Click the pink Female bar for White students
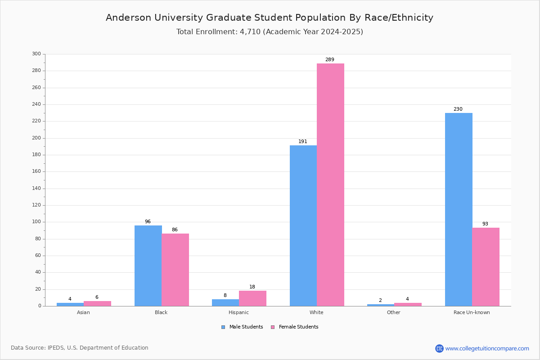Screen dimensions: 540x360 coord(330,184)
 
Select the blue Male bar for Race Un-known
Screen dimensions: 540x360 coord(459,210)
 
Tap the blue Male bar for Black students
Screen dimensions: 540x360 coord(148,265)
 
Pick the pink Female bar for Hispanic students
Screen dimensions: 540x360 coord(252,298)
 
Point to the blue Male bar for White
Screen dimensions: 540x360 coord(303,226)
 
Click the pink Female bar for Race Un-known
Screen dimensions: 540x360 coord(486,267)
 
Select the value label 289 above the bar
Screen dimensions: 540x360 coord(330,59)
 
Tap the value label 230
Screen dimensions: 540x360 coord(458,109)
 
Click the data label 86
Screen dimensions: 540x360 coord(175,229)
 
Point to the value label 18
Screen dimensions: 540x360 coord(252,287)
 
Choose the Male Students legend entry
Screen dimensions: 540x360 coord(242,327)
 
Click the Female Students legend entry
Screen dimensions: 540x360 coord(295,327)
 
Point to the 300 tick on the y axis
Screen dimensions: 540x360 coord(36,54)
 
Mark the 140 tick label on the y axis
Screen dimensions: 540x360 coord(36,188)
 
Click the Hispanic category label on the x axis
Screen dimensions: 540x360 coord(238,312)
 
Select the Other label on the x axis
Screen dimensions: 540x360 coord(394,312)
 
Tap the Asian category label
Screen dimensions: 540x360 coord(83,312)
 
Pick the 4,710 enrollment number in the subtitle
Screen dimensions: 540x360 coord(250,31)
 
